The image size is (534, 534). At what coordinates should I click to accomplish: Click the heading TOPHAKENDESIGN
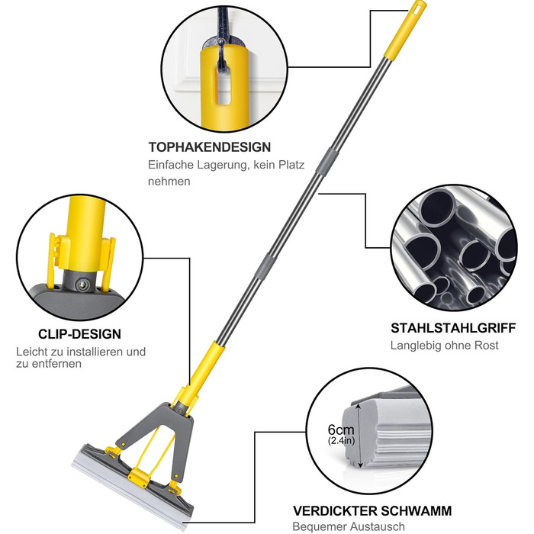(x=210, y=147)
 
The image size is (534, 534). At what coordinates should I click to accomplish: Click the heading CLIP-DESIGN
(x=79, y=334)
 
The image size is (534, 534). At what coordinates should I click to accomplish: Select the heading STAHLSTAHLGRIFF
(x=453, y=328)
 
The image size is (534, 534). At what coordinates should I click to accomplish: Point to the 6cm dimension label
(x=341, y=429)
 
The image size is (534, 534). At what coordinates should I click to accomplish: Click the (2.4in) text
(x=341, y=440)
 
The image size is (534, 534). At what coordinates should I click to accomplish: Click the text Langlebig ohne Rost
(x=445, y=346)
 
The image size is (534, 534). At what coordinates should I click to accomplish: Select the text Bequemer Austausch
(x=349, y=526)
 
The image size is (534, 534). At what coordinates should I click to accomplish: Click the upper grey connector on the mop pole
(x=327, y=161)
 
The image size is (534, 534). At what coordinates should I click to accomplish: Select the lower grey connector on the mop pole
(x=270, y=266)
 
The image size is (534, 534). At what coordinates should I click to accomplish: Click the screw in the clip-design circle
(x=82, y=285)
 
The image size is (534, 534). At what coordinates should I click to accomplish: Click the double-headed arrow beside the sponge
(x=359, y=436)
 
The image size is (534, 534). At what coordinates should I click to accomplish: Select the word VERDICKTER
(x=335, y=511)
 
